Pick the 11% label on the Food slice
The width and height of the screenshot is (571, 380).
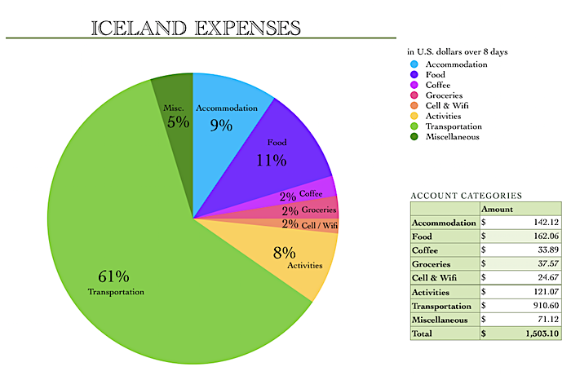(271, 160)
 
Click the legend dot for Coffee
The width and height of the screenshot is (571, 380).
(414, 84)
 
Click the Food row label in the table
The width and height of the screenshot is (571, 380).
(425, 236)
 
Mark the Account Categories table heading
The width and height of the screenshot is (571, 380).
(466, 196)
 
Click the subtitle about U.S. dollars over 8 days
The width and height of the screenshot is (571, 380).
(457, 51)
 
